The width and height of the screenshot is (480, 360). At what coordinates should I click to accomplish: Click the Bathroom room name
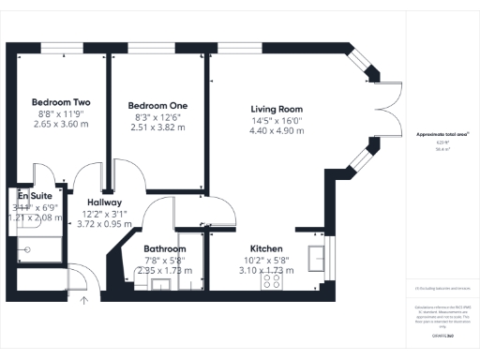click(166, 248)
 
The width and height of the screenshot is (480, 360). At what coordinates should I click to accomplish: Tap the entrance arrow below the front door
click(83, 300)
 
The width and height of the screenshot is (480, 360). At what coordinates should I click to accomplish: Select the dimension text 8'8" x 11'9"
click(58, 112)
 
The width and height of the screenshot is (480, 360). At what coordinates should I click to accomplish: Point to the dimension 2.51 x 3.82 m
click(154, 127)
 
